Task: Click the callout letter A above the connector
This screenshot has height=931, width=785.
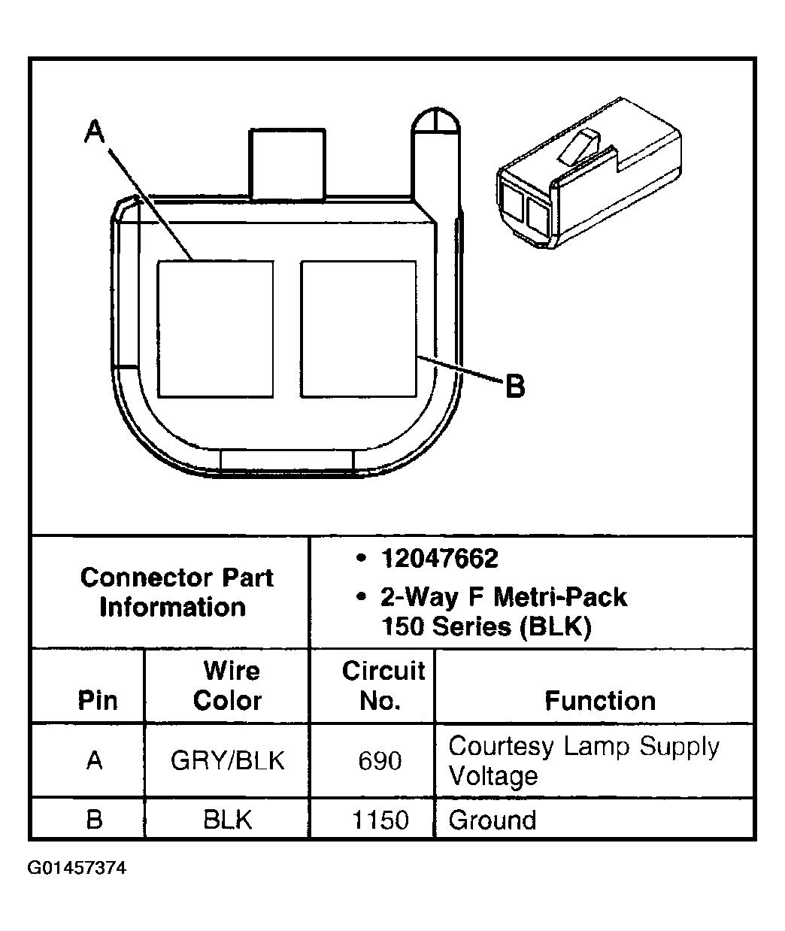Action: [95, 132]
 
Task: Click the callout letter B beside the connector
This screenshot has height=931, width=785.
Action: [514, 387]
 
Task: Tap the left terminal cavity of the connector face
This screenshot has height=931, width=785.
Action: [215, 329]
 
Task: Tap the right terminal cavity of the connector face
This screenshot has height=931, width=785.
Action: [358, 329]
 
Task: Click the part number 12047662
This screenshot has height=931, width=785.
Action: [439, 559]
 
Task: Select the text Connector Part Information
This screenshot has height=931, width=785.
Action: [176, 592]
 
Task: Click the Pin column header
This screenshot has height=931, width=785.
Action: [97, 700]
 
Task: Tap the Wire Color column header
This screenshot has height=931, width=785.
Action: [227, 685]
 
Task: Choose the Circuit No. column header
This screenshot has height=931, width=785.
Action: [383, 685]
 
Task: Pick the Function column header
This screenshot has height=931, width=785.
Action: [600, 700]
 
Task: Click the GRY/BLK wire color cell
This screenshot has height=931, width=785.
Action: [227, 760]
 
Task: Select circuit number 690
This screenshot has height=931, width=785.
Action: [380, 760]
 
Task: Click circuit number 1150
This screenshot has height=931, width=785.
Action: [380, 819]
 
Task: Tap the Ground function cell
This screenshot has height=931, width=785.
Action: [493, 819]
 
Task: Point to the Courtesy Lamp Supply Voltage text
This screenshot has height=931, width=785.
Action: [583, 760]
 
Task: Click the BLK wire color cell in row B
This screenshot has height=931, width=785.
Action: [227, 819]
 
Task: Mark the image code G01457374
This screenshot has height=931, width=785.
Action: [77, 869]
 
